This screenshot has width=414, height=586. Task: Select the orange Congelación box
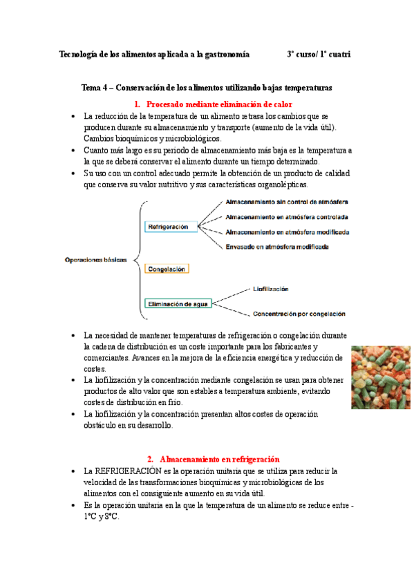coord(167,268)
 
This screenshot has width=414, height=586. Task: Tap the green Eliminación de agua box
coord(178,303)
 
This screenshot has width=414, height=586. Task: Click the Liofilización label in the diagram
coord(271,288)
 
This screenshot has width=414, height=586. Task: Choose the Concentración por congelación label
coord(299,314)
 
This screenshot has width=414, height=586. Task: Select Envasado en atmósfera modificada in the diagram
coord(276,247)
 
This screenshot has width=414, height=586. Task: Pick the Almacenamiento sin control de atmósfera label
coord(287,202)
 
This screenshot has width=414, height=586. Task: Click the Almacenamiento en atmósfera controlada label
coord(285,217)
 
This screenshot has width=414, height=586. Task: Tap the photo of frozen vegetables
coord(382,377)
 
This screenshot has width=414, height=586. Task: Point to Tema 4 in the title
coord(95,88)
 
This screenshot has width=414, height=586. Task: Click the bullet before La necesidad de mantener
coord(73,335)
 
